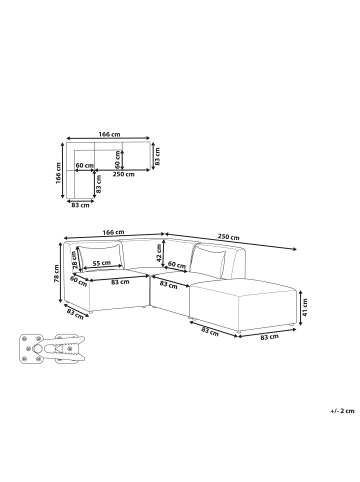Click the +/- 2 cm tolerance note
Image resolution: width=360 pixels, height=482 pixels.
point(342,411)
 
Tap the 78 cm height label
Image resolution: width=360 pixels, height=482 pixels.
point(56,273)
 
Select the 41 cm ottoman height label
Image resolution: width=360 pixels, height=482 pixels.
point(305,307)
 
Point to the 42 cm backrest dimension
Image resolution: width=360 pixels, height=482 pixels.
point(159,253)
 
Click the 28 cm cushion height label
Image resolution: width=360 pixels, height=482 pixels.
point(74,259)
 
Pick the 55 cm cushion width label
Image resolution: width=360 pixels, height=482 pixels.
point(102,263)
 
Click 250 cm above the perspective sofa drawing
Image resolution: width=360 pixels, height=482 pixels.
point(228,237)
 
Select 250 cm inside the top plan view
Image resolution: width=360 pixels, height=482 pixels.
point(124,174)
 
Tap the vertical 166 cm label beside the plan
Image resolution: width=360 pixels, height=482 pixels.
point(58,173)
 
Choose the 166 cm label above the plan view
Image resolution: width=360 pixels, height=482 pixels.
point(109,134)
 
